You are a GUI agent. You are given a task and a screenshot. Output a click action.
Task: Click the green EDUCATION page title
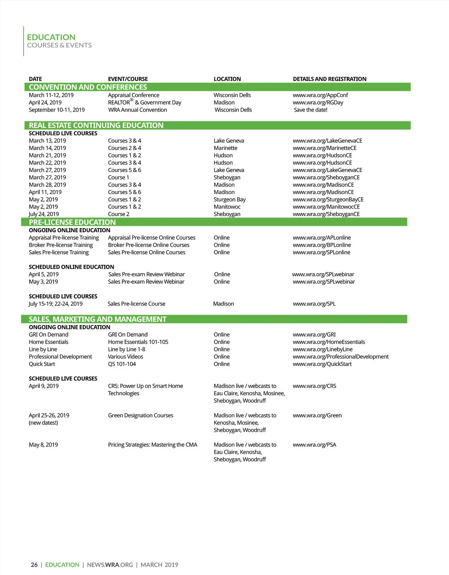coord(51,37)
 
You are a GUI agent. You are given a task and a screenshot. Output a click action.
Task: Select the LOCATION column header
coord(227,79)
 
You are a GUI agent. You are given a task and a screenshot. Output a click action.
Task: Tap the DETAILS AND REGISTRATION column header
coord(329,79)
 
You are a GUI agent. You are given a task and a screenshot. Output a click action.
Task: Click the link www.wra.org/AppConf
coord(320,95)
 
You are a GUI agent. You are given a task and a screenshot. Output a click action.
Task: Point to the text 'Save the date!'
coord(311,110)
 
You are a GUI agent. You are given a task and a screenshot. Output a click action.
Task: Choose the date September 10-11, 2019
coord(56,110)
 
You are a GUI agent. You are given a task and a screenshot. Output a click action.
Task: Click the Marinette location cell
coord(225,148)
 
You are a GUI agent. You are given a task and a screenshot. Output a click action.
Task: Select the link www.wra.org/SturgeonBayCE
coord(328,199)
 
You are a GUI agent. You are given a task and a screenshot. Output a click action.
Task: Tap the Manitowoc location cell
coord(227,207)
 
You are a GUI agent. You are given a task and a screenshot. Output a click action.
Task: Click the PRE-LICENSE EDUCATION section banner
coord(72,222)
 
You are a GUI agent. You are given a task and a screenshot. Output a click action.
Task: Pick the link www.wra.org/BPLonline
coord(322,245)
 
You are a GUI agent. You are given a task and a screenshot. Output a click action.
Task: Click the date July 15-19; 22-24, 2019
coord(55,304)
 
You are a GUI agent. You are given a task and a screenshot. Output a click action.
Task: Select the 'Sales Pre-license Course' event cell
coord(136,304)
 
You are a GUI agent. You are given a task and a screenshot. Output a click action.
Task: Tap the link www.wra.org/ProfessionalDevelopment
coord(340,357)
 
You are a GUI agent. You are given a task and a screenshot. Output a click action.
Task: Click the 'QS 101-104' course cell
coord(122,364)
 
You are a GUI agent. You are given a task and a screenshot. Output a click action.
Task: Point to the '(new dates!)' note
coord(43,423)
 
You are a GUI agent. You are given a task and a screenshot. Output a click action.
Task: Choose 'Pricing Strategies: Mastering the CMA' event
coord(152,445)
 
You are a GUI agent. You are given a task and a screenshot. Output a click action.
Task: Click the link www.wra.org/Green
coord(317,415)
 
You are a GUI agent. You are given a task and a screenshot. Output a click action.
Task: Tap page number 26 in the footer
coord(34,565)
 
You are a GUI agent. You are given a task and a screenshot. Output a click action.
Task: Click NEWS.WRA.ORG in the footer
coord(110,565)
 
